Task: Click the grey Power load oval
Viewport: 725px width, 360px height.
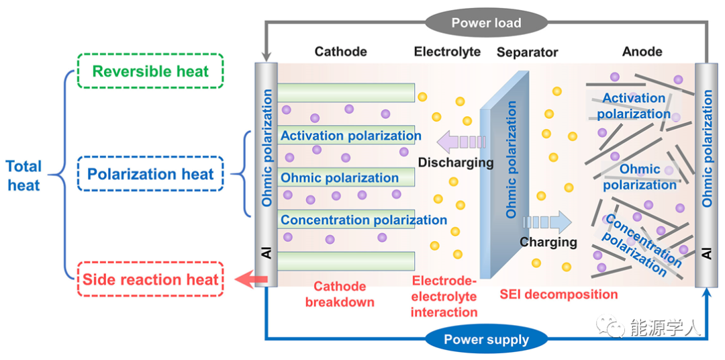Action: click(x=485, y=23)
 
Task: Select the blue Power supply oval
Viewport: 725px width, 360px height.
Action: click(x=486, y=339)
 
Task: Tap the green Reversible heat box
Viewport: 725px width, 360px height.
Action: click(x=150, y=71)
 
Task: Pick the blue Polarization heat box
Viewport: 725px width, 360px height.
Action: click(x=150, y=175)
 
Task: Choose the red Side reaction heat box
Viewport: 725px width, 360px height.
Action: click(x=150, y=279)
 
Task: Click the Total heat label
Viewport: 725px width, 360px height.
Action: click(x=24, y=175)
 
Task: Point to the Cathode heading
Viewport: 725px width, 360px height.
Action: click(x=340, y=52)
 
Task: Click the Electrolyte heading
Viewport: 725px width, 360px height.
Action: click(x=447, y=52)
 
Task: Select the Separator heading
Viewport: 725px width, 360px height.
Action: click(x=527, y=52)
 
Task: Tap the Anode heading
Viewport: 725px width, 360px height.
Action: click(x=642, y=52)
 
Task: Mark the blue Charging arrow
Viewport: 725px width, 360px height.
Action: click(x=546, y=222)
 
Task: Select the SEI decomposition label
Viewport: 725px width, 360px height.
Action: click(x=559, y=294)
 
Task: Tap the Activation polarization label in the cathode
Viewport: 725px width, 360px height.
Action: click(x=350, y=136)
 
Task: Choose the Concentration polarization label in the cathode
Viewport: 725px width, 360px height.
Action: click(x=363, y=220)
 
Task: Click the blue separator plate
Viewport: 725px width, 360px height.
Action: click(x=503, y=181)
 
